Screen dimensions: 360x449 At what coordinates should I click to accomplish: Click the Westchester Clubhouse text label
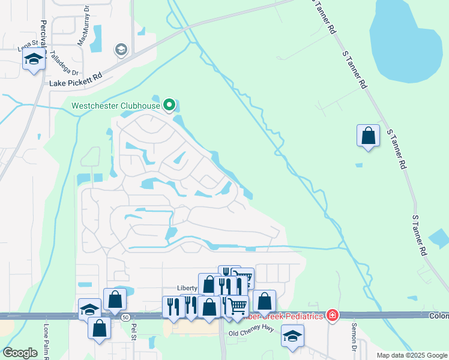coord(116,106)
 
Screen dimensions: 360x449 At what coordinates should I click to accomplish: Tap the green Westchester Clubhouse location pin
coord(169,106)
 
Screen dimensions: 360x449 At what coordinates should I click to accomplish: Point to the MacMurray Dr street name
coord(83,26)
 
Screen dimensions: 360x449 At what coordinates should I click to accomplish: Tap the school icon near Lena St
coord(34,59)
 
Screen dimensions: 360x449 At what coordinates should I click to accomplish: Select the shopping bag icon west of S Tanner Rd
coord(368,136)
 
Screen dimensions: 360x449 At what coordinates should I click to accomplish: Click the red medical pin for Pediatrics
coord(333,315)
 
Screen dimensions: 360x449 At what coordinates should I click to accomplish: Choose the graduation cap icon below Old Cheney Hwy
coord(292,336)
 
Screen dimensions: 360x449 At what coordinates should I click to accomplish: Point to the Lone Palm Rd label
coord(46,341)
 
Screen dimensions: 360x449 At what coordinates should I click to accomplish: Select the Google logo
coord(20,353)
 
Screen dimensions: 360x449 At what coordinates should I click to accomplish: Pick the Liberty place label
coord(187,289)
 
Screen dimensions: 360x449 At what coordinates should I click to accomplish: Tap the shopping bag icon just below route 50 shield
coord(100,328)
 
